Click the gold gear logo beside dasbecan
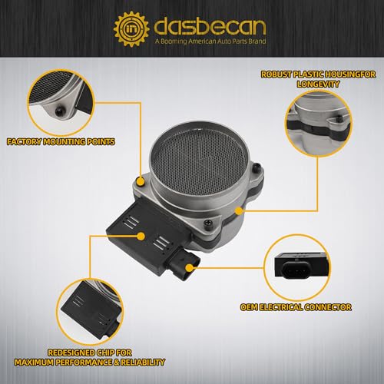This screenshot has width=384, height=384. pos(131,28)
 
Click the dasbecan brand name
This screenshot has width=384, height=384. pos(210,26)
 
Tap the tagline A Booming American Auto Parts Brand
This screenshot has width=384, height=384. pos(210,41)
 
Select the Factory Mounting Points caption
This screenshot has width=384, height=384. pos(61,141)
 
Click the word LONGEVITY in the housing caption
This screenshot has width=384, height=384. pos(318,84)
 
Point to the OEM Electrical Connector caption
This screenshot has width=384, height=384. pos(296,307)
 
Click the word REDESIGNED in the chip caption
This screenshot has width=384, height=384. pos(71,353)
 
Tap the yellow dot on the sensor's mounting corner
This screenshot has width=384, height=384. pos(140,181)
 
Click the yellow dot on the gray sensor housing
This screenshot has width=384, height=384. pos(239,211)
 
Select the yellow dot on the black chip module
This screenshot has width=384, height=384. pos(141,236)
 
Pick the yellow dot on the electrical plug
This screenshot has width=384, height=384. pos(189,268)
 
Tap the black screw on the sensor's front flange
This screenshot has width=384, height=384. pos(207,223)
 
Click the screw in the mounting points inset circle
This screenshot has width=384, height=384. pos(60,111)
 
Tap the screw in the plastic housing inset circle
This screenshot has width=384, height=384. pos(339,118)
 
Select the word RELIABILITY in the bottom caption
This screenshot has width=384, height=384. pos(143,362)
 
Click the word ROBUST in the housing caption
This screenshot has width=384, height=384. pos(276,74)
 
